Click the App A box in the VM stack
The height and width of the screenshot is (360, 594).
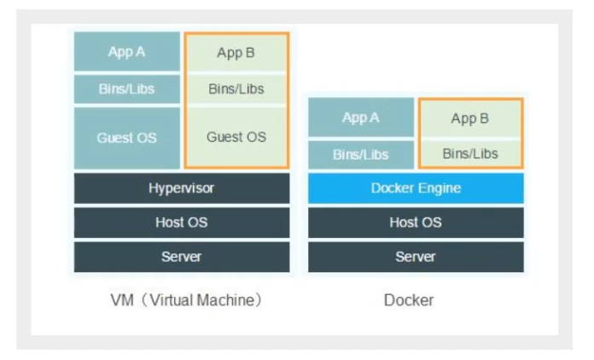coord(126,52)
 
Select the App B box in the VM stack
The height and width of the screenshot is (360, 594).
coord(236,53)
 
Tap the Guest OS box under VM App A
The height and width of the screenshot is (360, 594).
coord(126,137)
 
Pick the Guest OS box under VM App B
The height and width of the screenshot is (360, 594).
coord(236,136)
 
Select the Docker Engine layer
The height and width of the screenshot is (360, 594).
coord(416,189)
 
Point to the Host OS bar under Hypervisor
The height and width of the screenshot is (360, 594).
coord(182,223)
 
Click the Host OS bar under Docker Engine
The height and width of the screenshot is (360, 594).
coord(416,223)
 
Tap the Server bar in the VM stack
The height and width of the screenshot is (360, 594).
coord(182,257)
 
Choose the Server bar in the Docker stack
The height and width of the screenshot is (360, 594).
coord(416,257)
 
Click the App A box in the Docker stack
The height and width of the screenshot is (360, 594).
coord(361,118)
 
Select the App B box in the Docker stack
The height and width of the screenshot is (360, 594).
coord(470,119)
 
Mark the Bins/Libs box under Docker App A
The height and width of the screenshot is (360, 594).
coord(361,154)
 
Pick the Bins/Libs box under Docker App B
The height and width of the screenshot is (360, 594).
coord(470,154)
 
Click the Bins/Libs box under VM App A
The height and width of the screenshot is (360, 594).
coord(126,89)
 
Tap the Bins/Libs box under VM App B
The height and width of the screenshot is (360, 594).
coord(236,89)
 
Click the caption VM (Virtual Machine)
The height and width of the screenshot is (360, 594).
coord(185,300)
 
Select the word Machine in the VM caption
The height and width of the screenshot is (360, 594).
coord(225,300)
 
